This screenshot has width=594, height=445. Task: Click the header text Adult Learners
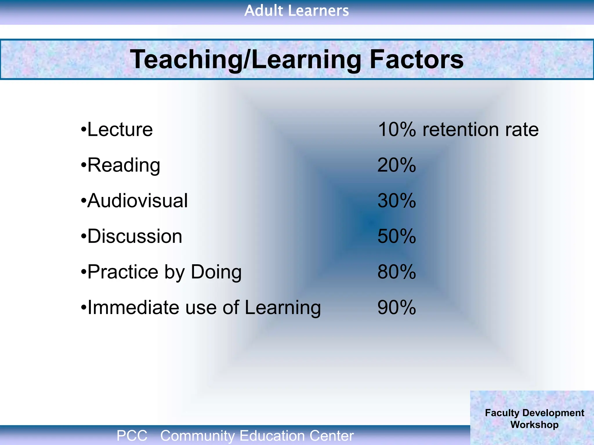pos(296,11)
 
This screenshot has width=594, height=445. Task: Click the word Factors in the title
pos(416,59)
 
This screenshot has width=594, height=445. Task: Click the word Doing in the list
pos(216,272)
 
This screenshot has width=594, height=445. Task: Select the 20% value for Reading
pos(397,165)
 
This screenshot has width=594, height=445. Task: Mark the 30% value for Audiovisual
pos(397,201)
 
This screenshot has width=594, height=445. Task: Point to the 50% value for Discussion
pos(397,236)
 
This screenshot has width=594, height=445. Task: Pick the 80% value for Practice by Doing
pos(397,272)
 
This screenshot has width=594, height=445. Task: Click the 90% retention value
pos(397,307)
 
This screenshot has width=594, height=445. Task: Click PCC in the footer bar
pos(132,436)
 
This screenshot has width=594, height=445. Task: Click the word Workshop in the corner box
pos(534,425)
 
